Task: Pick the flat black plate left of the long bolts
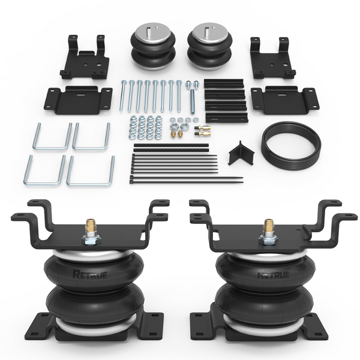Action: (79, 97)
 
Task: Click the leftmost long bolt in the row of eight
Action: (124, 96)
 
